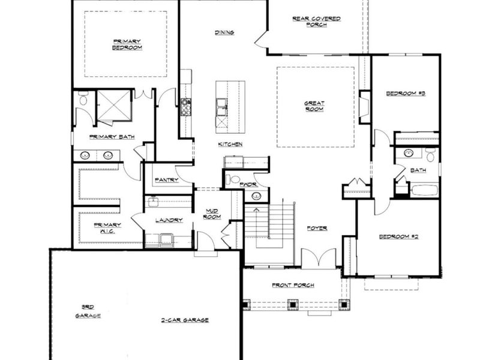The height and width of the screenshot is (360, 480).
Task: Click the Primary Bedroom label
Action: point(126,44)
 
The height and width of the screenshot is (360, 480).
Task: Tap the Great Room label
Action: point(314,106)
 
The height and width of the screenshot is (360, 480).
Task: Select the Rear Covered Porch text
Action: point(316,22)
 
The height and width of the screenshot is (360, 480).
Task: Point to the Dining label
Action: point(224,32)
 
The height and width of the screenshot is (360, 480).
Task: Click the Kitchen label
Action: point(230,144)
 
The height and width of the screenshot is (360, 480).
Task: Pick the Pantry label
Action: point(166,179)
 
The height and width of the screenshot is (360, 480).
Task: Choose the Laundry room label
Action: point(169,220)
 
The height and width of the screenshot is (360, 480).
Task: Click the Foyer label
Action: point(317,228)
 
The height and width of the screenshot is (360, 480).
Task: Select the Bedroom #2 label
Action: point(398,236)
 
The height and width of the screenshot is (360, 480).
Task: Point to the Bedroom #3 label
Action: point(406,93)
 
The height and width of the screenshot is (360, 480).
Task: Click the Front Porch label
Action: point(293,285)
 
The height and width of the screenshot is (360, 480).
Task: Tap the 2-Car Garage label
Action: point(184,320)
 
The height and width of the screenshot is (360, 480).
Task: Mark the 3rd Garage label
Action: point(88,310)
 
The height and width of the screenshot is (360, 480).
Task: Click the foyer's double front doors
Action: point(318,259)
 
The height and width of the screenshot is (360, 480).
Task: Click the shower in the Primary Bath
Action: point(114,106)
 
